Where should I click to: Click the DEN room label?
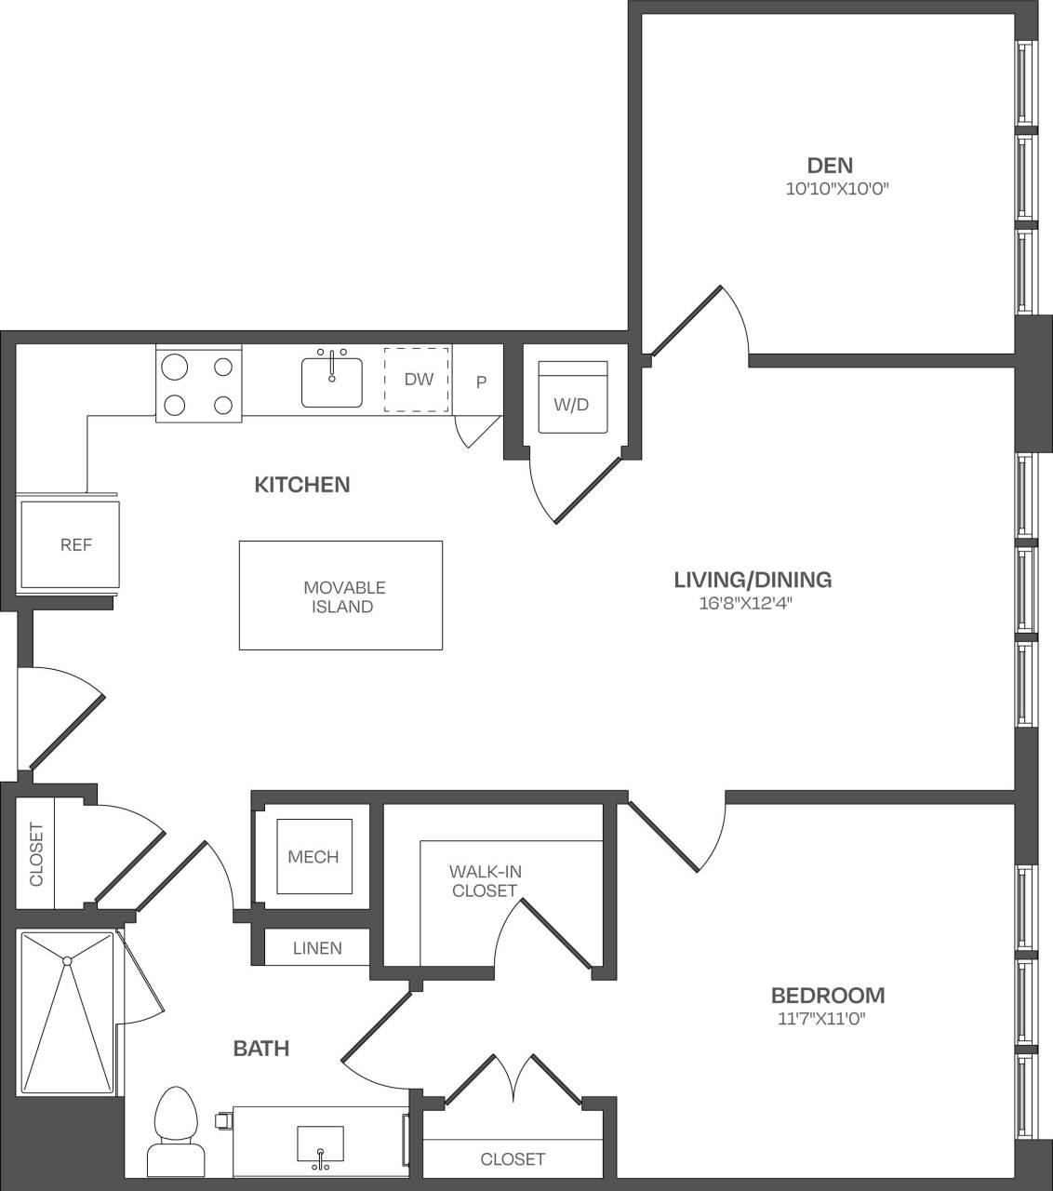point(830,166)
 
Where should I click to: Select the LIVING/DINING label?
point(753,580)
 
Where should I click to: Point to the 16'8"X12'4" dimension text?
point(751,603)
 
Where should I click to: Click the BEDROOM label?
point(828,995)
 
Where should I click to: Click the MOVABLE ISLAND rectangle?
point(340,595)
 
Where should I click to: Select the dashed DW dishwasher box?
point(418,380)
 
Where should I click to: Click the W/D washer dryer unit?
point(572,398)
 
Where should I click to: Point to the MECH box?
point(313,857)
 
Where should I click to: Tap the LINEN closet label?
point(317,948)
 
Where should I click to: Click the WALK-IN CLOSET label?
point(484,881)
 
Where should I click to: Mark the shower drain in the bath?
point(67,959)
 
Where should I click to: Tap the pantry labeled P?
point(481,381)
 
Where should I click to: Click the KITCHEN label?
point(302,485)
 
